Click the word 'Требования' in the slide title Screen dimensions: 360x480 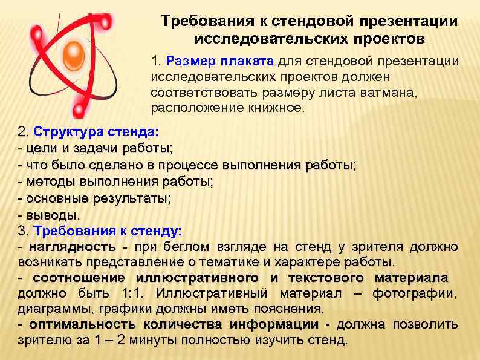tap(199, 22)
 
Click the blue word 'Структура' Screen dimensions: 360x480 tap(62, 132)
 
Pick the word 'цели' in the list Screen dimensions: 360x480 tap(37, 148)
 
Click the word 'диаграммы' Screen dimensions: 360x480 tap(51, 309)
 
